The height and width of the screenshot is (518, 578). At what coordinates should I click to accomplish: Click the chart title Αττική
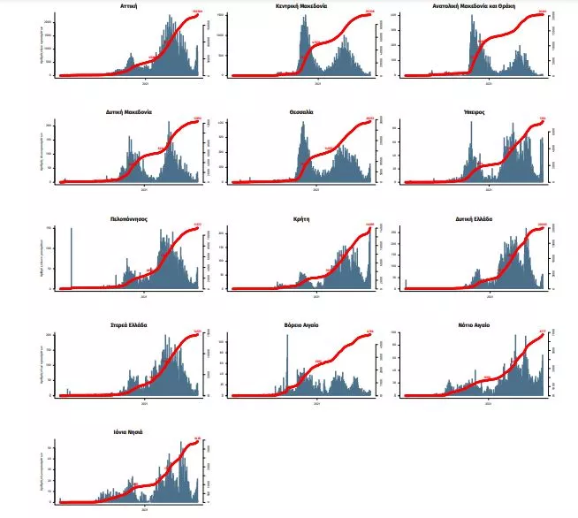[x=127, y=6]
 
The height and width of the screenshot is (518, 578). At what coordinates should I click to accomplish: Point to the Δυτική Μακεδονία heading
[x=128, y=112]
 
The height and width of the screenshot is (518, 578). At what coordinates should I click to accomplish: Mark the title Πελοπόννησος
[x=128, y=218]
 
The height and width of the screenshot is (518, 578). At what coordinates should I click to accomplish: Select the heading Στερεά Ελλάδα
[x=128, y=325]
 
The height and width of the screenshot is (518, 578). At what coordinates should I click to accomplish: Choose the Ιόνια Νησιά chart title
[x=128, y=431]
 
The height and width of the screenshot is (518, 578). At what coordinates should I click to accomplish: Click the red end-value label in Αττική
[x=197, y=11]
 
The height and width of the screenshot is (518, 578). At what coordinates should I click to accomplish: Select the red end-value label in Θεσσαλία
[x=369, y=118]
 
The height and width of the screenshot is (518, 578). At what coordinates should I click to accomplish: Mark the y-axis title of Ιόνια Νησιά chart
[x=42, y=471]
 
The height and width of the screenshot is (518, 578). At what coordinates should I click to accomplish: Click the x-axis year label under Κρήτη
[x=316, y=296]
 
